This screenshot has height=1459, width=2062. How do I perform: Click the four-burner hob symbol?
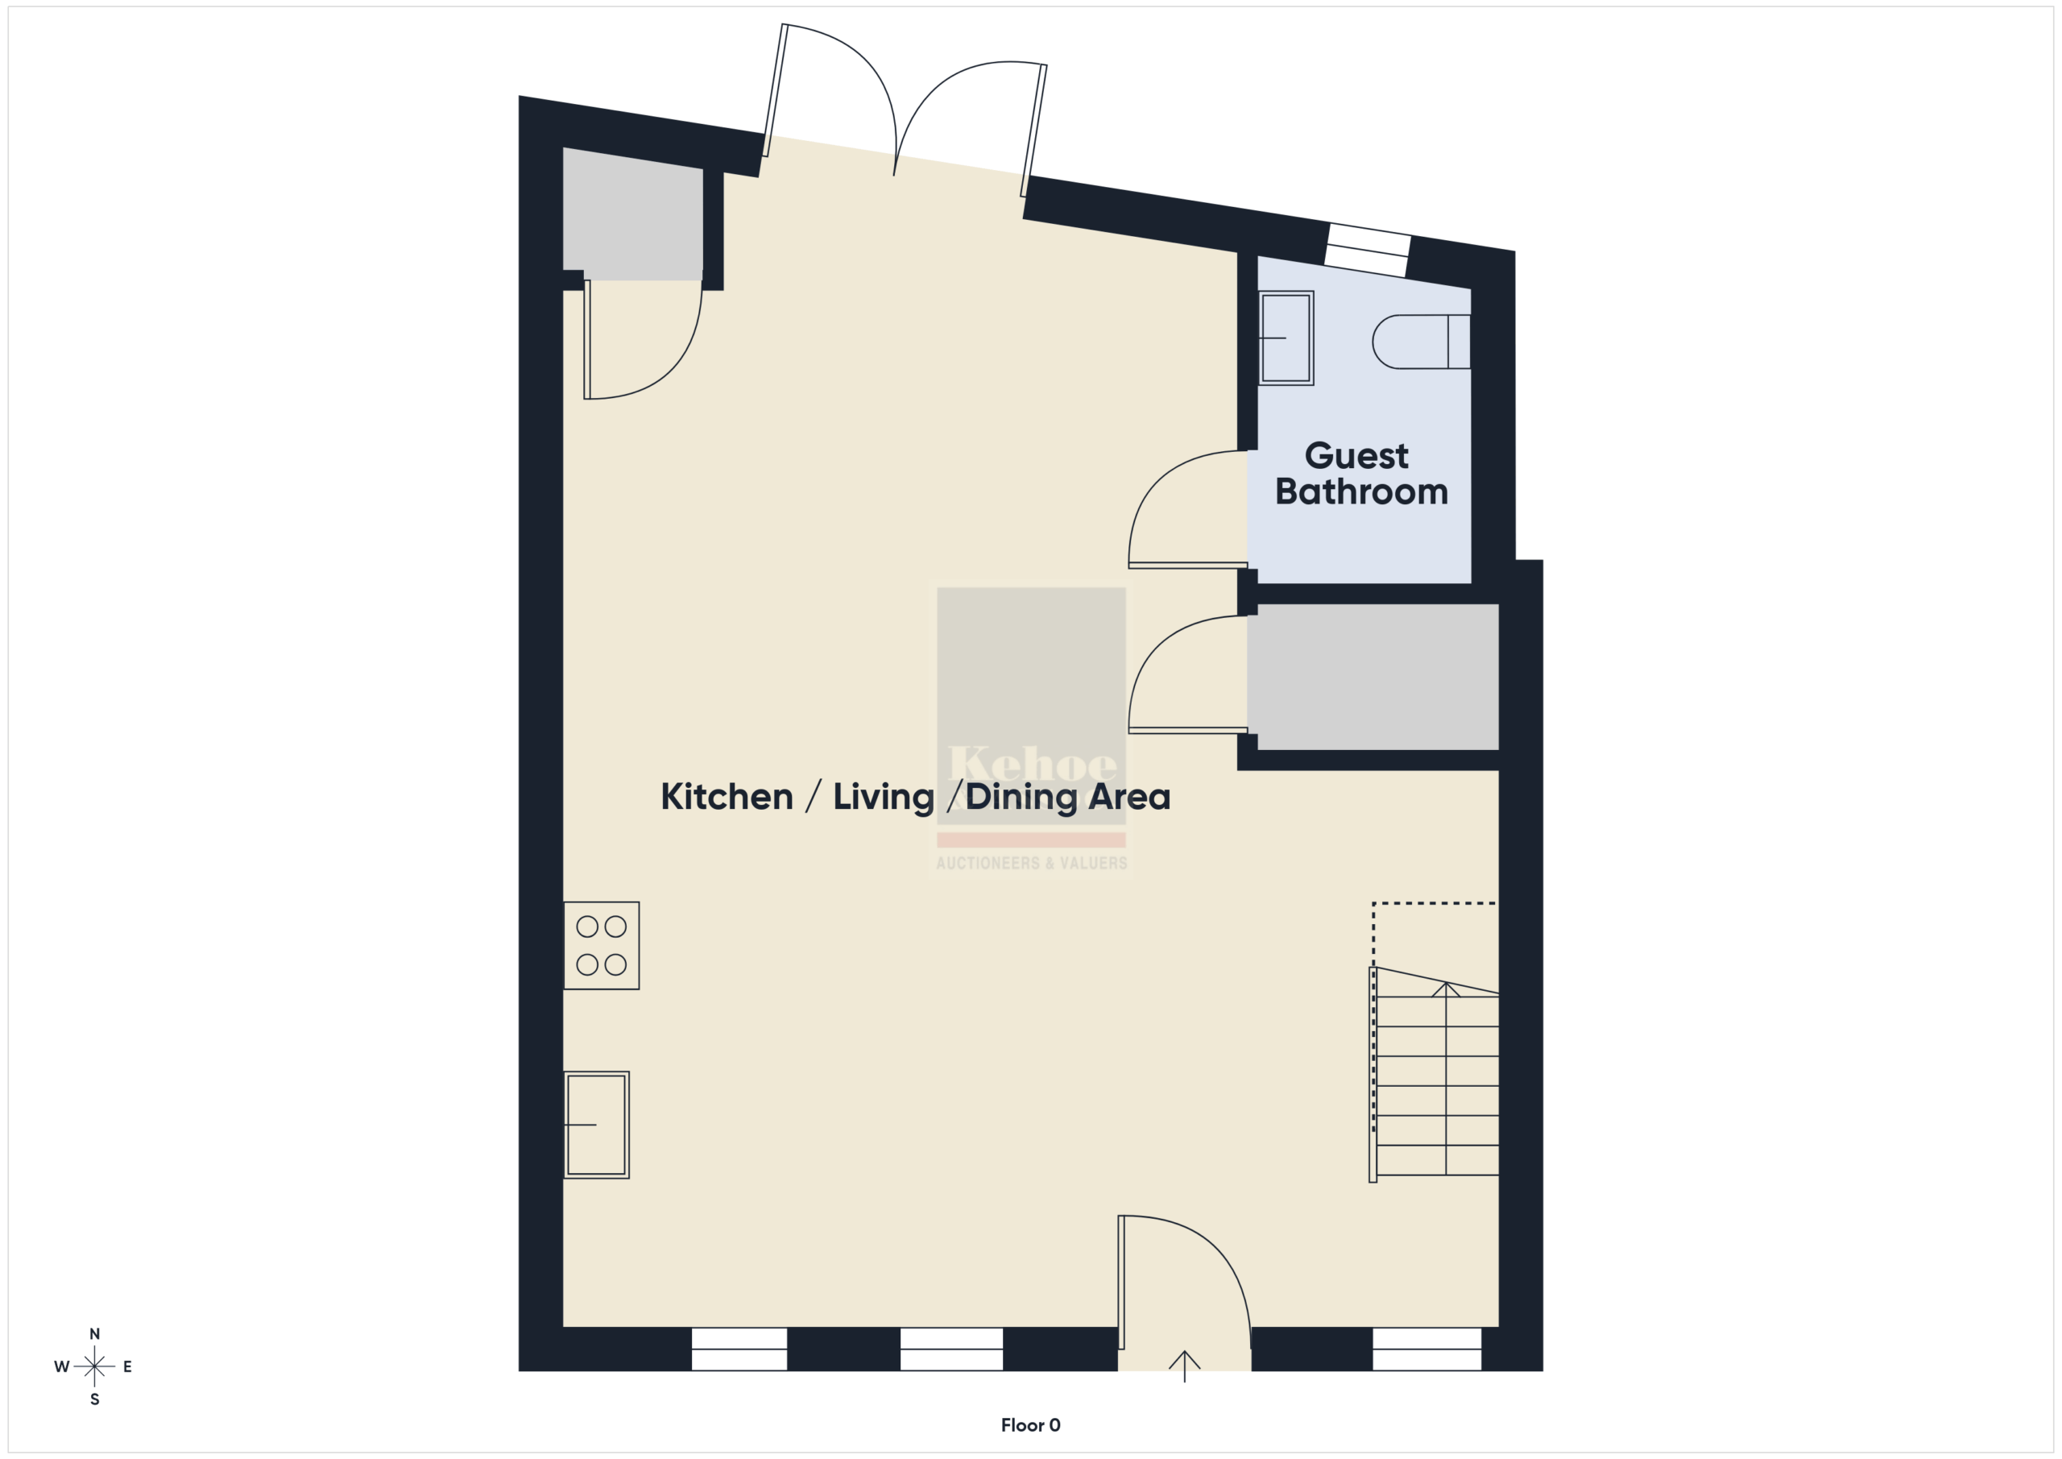(601, 945)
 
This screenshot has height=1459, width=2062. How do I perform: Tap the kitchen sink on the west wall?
(596, 1124)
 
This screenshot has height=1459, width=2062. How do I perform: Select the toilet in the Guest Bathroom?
(1422, 342)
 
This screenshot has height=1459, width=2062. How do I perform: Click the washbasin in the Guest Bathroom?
(1286, 338)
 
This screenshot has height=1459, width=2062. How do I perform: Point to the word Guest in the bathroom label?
(1356, 456)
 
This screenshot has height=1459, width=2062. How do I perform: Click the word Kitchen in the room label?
(727, 797)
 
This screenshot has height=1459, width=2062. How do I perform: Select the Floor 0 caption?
(1030, 1425)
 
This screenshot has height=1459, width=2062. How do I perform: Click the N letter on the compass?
(94, 1334)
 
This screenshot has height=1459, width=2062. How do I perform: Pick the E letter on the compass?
(127, 1366)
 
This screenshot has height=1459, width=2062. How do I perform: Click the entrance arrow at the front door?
(1185, 1366)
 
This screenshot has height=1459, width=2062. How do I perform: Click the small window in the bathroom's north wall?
(1367, 250)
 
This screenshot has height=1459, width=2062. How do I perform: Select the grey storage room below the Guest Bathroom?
(1373, 677)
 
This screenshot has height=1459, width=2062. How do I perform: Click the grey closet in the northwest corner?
(632, 213)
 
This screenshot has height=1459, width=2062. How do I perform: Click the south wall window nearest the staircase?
(1427, 1349)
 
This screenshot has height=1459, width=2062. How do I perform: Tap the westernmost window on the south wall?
(739, 1349)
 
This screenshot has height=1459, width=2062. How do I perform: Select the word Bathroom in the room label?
(1361, 492)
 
